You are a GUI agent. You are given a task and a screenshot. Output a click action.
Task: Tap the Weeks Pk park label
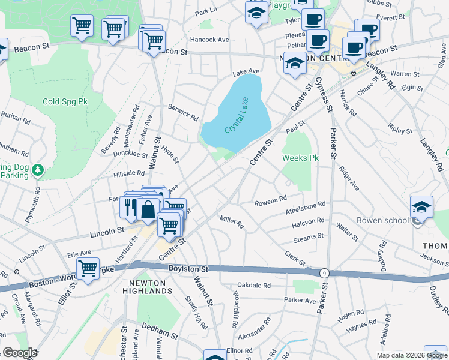tap(300, 158)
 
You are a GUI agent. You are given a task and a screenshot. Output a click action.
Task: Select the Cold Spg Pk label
tap(65, 101)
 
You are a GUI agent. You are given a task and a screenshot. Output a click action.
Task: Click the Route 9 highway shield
tap(324, 272)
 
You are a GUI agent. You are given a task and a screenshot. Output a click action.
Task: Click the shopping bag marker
tap(148, 209)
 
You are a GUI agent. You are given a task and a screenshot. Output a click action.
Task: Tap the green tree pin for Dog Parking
tap(38, 170)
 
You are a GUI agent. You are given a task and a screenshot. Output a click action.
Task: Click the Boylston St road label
tap(187, 269)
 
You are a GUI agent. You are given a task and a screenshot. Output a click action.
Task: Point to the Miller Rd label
tap(231, 222)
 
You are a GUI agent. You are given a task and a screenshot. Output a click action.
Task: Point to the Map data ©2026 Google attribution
tap(411, 355)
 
